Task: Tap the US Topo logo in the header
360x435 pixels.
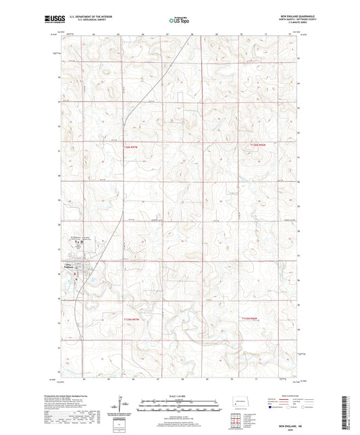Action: tap(180, 21)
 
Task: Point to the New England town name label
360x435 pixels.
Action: tap(73, 265)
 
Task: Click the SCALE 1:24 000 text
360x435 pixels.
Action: tap(180, 396)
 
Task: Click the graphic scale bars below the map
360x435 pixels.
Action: tap(180, 407)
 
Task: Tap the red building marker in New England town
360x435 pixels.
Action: tap(77, 271)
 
